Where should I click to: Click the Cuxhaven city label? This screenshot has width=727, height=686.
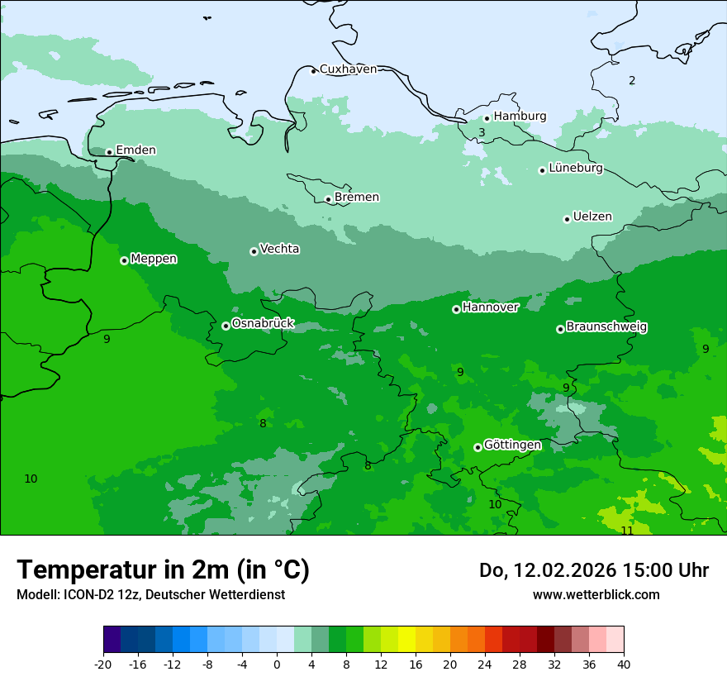tap(348, 69)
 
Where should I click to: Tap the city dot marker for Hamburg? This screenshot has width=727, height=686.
tap(487, 118)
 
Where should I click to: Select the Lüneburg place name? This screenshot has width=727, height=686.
tap(575, 168)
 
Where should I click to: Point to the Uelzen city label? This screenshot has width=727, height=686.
tap(592, 217)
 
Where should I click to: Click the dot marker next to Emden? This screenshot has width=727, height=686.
tap(109, 152)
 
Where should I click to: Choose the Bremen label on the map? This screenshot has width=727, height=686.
tap(356, 198)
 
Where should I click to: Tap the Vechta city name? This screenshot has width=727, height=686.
tap(279, 249)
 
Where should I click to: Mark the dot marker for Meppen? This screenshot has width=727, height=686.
tap(124, 260)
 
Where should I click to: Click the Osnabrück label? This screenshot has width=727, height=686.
tap(263, 324)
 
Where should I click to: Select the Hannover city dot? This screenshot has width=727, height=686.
tap(456, 309)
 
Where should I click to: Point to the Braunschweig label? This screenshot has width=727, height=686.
tap(606, 327)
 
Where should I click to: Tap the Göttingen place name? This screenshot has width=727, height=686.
tap(512, 445)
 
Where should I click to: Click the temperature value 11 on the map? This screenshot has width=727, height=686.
tap(627, 531)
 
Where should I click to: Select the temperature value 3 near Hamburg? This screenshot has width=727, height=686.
tap(482, 132)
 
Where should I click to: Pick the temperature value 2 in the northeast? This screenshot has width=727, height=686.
tap(632, 80)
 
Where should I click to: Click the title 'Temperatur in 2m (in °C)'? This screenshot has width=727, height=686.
tap(163, 569)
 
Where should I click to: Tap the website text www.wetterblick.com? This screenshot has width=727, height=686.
tap(596, 594)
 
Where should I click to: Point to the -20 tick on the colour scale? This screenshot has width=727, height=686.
tap(103, 664)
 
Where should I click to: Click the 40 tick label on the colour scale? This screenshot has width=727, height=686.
tap(623, 664)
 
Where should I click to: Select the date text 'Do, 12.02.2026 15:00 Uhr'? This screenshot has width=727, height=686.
tap(593, 570)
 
